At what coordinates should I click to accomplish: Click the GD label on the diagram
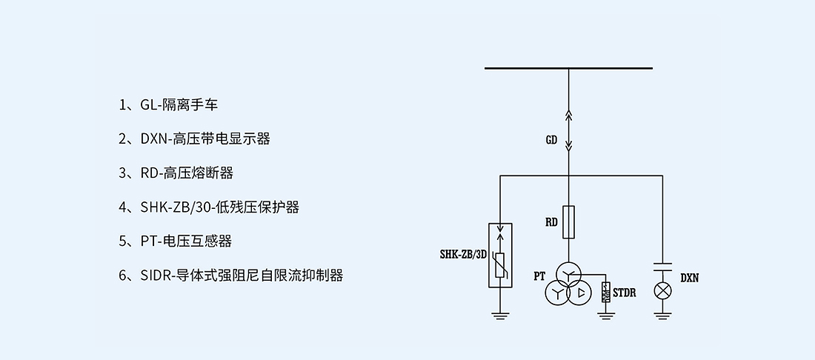(x=551, y=140)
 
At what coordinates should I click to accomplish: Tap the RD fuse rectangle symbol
(x=568, y=222)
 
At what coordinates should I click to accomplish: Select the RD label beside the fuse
(x=551, y=222)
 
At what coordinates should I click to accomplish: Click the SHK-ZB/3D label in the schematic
(x=462, y=255)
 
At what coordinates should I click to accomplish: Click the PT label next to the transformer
(x=539, y=276)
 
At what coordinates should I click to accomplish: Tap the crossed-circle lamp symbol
(x=662, y=290)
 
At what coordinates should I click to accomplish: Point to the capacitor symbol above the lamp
(x=662, y=265)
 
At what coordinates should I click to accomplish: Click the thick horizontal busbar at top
(x=568, y=69)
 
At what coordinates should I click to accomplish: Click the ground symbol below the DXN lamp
(x=662, y=316)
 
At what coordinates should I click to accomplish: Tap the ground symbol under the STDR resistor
(x=606, y=316)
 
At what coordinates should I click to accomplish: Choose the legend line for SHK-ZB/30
(x=209, y=207)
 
